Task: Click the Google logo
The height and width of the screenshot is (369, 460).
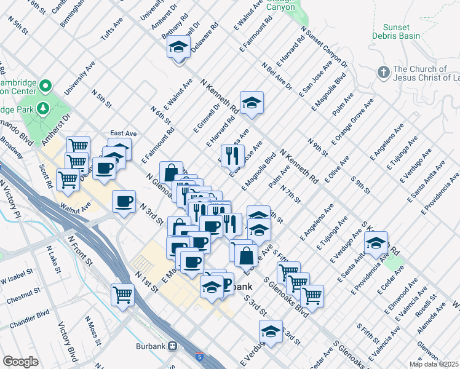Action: [20, 361]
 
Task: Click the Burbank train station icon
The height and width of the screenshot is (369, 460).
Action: [174, 346]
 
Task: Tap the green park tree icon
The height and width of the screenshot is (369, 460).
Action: [43, 109]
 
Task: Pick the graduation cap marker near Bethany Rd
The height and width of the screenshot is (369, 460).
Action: [178, 47]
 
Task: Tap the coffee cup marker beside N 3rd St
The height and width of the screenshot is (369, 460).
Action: [124, 201]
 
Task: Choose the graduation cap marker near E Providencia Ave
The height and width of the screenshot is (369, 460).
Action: [376, 241]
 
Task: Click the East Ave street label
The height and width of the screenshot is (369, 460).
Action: [123, 133]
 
